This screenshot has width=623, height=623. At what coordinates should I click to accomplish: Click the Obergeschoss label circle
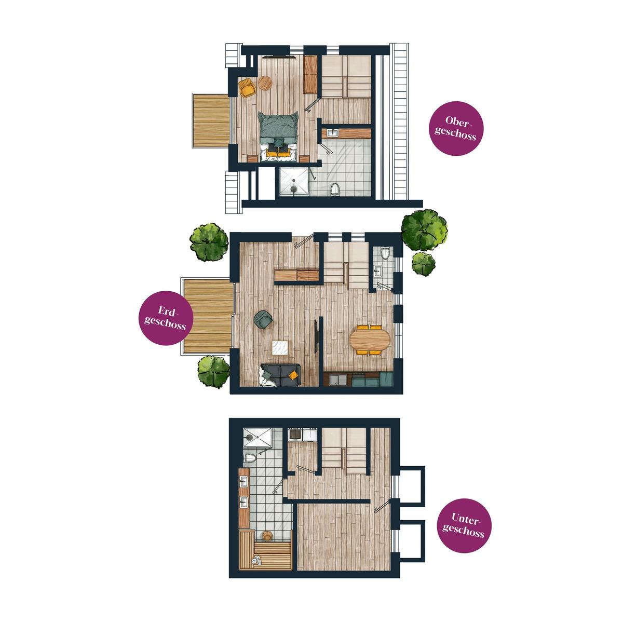point(456,128)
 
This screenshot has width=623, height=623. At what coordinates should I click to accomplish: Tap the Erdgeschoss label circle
point(166,318)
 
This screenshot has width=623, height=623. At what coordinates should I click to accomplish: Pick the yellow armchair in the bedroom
point(247,87)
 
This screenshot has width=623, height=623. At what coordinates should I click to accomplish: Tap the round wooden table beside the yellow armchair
point(265,83)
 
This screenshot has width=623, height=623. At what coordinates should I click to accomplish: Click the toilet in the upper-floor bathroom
point(335,189)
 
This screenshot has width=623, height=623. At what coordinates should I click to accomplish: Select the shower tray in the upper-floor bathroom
point(294,182)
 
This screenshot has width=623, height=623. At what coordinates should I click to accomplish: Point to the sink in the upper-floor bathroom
point(332,132)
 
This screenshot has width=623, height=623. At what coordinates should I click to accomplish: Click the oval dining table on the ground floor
point(370,340)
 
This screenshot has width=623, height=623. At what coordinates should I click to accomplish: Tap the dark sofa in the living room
point(280,375)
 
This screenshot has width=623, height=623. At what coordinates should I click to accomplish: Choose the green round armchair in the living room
point(264,319)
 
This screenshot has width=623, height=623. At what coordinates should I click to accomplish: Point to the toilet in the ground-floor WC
point(385,253)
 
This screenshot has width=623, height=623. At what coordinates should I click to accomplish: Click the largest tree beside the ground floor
point(424,230)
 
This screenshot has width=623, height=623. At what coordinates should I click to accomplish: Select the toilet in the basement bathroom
point(250,458)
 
